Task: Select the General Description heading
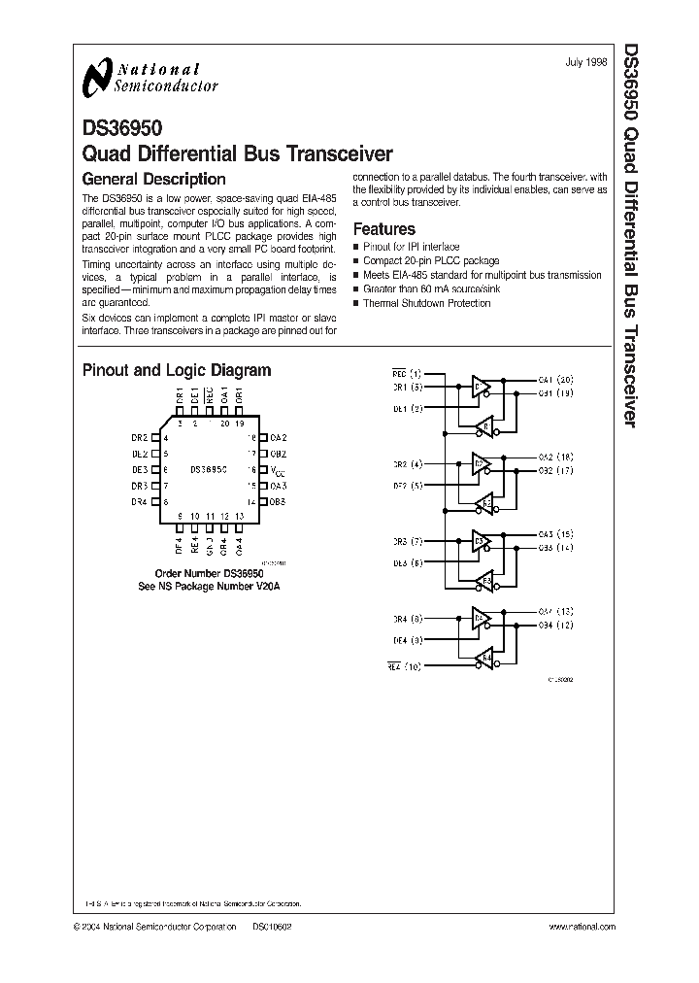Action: click(153, 179)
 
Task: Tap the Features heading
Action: click(383, 229)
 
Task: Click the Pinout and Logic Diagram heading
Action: click(177, 370)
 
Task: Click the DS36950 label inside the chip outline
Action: click(209, 468)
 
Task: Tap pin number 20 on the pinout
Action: click(224, 424)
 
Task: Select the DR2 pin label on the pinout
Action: click(139, 438)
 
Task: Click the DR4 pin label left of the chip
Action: click(139, 501)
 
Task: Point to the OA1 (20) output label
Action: click(555, 379)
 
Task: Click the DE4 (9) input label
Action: click(406, 640)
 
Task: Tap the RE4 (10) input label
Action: click(406, 666)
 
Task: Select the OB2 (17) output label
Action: click(555, 471)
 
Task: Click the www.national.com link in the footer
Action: click(581, 928)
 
